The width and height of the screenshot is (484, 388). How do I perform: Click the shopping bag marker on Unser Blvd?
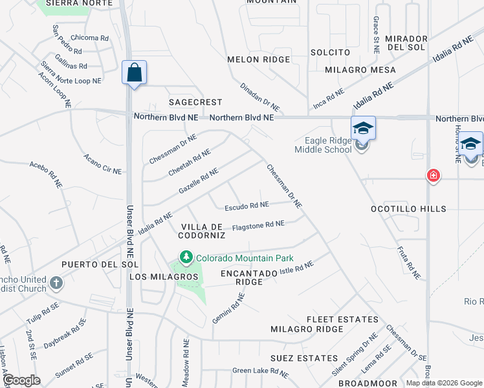coord(134,73)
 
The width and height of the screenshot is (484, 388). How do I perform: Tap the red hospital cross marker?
coord(432,175)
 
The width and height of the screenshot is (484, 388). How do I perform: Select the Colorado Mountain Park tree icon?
coord(186,258)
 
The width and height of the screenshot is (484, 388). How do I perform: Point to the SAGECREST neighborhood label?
coord(195,102)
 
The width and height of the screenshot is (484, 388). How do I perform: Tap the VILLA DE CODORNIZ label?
coord(202,231)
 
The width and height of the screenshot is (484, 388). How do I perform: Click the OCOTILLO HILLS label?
coord(408,209)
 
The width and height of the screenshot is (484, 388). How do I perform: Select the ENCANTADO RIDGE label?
coord(249,277)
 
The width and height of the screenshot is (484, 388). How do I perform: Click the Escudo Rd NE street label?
coord(247,206)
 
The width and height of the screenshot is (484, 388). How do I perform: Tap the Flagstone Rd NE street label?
coord(258,224)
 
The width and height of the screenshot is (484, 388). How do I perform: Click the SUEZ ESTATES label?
coord(313,358)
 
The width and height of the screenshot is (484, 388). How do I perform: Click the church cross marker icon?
coord(56,282)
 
